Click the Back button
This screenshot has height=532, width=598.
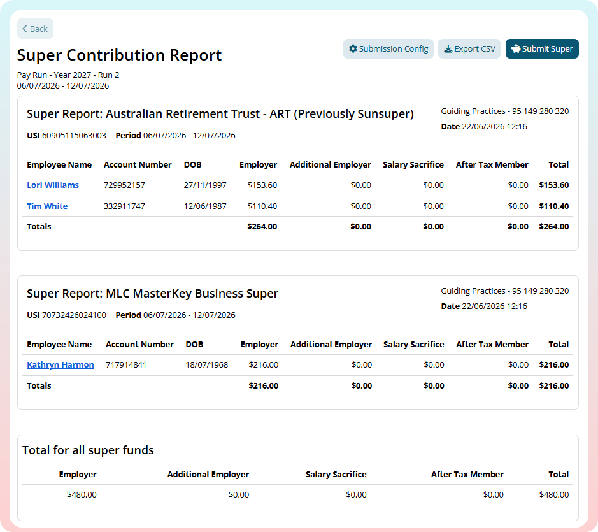(x=35, y=29)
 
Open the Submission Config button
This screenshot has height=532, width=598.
(x=388, y=49)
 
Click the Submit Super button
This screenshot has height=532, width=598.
(x=542, y=49)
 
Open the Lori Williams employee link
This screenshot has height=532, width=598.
(x=53, y=185)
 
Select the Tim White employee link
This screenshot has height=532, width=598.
(x=47, y=206)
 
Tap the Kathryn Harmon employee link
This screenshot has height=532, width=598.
(x=61, y=365)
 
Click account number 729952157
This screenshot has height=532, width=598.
(x=124, y=185)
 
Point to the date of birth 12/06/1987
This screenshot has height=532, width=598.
(x=205, y=206)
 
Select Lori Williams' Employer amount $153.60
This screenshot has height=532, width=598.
(x=262, y=185)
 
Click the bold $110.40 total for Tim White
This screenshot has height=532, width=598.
(x=554, y=206)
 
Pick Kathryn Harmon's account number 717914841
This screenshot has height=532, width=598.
(x=126, y=365)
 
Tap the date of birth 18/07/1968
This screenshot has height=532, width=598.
(x=207, y=365)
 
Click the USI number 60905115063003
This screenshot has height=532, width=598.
(x=74, y=136)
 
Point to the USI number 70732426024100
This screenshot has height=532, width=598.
(x=74, y=315)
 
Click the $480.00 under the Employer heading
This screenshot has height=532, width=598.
(x=82, y=494)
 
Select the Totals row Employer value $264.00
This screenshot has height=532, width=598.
(x=262, y=226)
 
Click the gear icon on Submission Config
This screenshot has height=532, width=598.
(x=353, y=49)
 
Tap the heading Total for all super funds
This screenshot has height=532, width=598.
(x=88, y=450)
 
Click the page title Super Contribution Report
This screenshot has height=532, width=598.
(x=119, y=55)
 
